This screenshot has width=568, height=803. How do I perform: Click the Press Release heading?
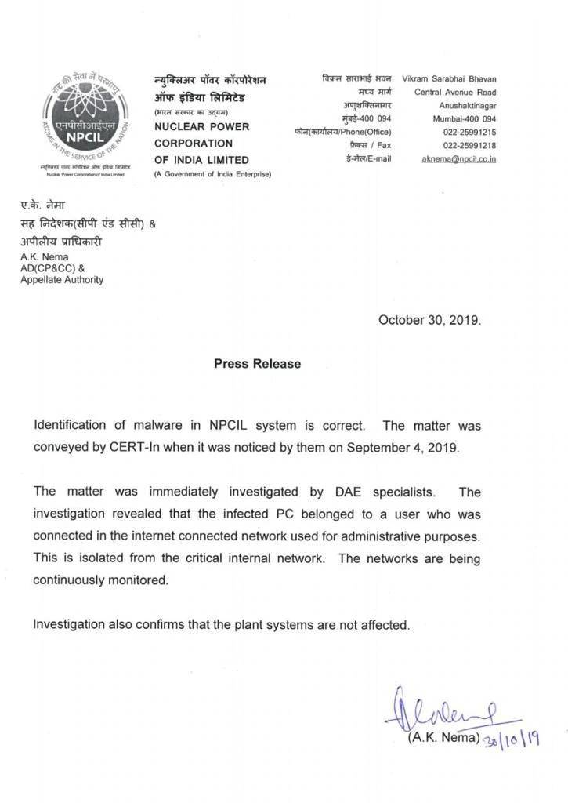[x=257, y=364]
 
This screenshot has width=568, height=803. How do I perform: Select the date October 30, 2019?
[x=429, y=320]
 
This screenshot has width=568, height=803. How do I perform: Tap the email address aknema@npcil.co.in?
[x=458, y=159]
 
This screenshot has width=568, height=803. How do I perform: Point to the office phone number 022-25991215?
[x=469, y=133]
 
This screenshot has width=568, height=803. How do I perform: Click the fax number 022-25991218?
[x=469, y=146]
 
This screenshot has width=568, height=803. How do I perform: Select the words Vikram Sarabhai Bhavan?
[x=449, y=79]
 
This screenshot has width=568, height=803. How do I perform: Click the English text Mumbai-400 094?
[x=465, y=119]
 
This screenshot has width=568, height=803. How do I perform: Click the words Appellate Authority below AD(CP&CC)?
[x=62, y=280]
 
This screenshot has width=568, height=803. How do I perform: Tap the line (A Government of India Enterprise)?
[x=212, y=174]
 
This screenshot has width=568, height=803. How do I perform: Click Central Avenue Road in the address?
[x=455, y=93]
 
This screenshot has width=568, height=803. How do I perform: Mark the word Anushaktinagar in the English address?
[x=468, y=106]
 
